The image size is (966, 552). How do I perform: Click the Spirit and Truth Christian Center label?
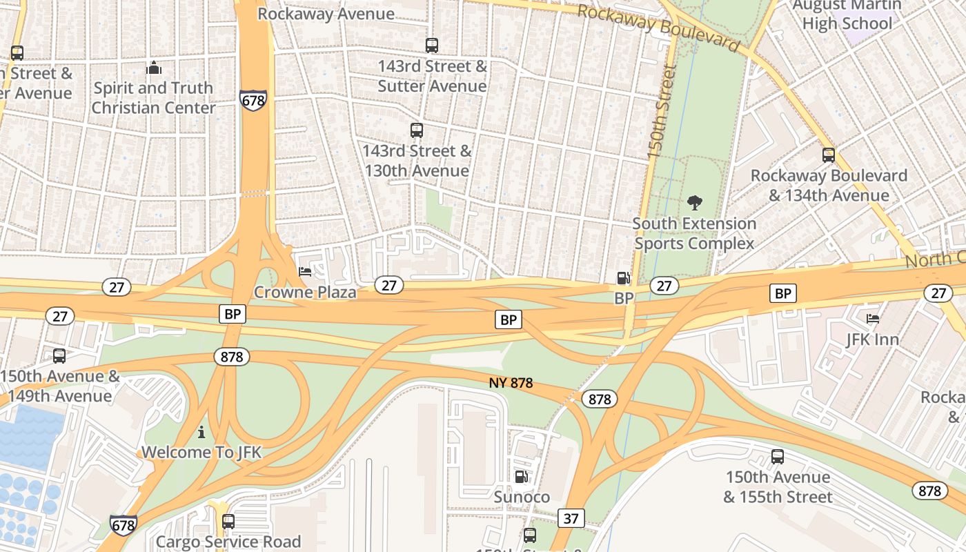[153, 98]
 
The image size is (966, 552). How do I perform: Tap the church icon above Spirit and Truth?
[154, 68]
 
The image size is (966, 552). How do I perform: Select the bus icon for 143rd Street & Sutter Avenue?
[431, 46]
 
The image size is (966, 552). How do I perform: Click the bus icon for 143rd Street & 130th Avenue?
[416, 130]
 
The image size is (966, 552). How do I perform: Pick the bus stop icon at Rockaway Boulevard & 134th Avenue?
[828, 155]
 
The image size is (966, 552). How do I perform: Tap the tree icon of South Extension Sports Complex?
[694, 203]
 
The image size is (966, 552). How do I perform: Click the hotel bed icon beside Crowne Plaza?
[304, 272]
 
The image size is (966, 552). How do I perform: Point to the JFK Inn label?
[872, 339]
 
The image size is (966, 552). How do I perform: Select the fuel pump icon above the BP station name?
[622, 278]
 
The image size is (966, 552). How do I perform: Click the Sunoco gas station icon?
[521, 477]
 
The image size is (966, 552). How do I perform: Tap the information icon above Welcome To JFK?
[201, 432]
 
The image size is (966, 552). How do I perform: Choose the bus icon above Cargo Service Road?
[228, 521]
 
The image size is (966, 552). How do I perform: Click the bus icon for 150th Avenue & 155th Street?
[777, 457]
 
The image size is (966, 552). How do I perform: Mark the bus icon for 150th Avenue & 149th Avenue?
[59, 356]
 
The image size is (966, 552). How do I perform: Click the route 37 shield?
[571, 518]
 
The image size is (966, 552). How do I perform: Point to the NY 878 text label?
[511, 383]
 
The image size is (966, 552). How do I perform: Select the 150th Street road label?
[660, 112]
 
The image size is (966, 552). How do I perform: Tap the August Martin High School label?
[847, 14]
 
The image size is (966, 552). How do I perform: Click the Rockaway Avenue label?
[326, 14]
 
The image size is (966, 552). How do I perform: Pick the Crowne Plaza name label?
[305, 292]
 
